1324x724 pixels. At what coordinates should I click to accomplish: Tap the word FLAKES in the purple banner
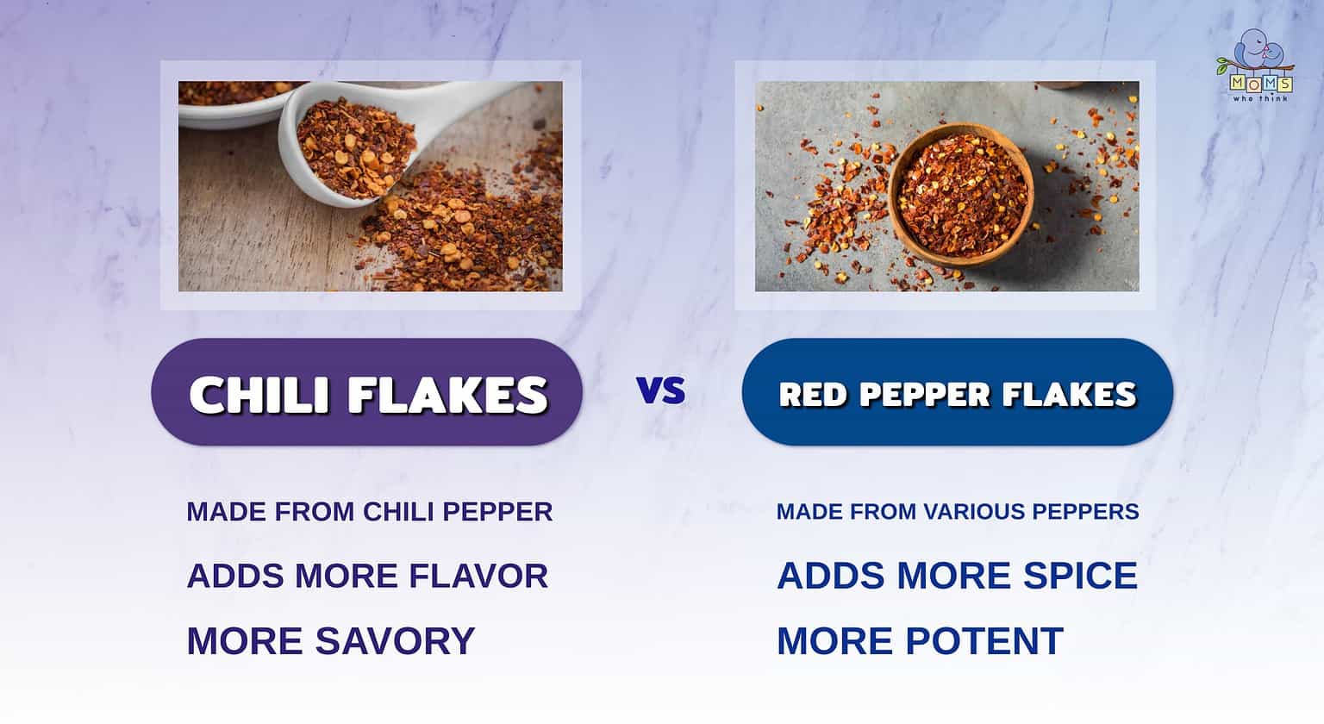[448, 395]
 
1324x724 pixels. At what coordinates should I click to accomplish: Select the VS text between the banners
[661, 390]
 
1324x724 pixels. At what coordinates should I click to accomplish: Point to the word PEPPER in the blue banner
[923, 395]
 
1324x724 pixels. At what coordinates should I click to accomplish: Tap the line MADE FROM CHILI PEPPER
[369, 511]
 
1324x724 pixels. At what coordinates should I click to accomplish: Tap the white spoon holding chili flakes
[362, 142]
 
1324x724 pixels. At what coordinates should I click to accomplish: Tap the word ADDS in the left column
[235, 576]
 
